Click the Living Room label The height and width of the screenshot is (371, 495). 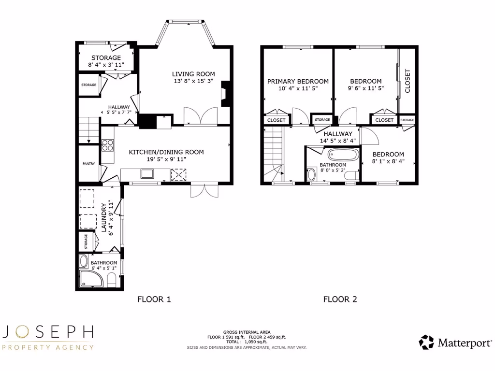193,74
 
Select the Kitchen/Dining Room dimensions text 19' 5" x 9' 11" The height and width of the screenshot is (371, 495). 166,159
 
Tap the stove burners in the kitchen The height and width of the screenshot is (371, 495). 107,144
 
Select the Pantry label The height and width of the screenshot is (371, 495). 88,164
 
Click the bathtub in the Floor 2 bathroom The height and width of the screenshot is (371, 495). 343,155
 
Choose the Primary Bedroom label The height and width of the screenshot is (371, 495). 298,82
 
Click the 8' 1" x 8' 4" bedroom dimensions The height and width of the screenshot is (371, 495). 388,162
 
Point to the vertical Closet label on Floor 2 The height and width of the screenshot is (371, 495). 408,81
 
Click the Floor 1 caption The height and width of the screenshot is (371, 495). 154,299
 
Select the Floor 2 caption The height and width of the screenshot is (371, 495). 340,299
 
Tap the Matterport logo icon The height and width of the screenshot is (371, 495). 426,342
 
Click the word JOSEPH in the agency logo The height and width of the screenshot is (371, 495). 48,332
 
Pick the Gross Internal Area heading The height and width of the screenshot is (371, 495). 247,332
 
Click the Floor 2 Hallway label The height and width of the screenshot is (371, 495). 338,134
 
